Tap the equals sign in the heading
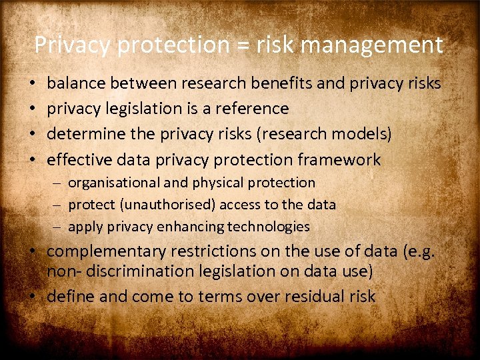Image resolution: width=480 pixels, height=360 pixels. [x=239, y=45]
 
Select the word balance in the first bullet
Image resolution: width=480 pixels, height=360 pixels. [x=77, y=83]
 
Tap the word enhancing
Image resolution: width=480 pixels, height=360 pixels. [x=191, y=227]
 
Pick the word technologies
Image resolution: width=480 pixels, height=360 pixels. [x=269, y=227]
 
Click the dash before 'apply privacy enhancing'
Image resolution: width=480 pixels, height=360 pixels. [x=59, y=227]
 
